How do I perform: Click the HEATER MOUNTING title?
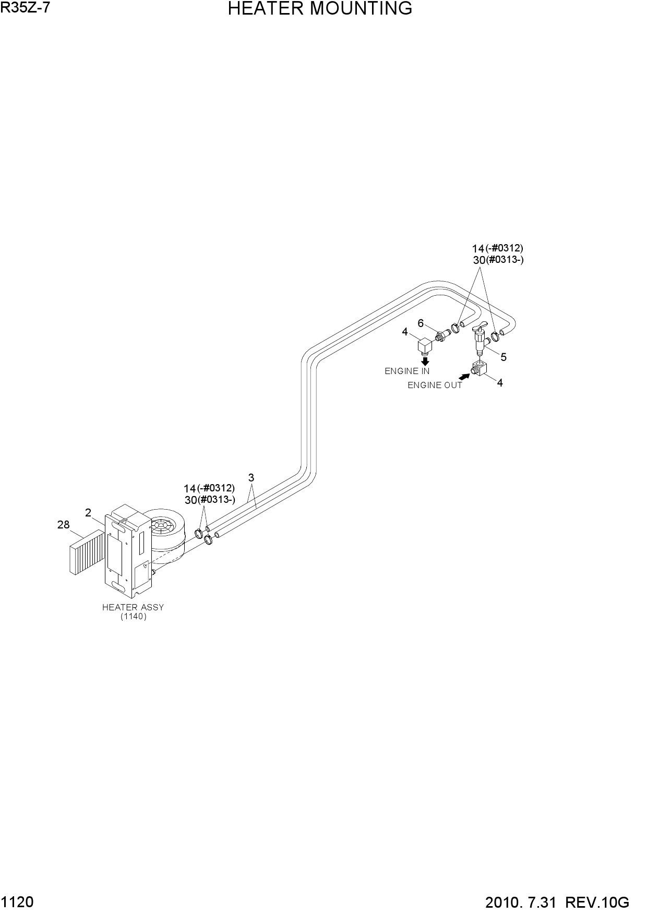(x=320, y=9)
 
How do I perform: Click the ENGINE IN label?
(x=407, y=371)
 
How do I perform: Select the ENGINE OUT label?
(x=435, y=386)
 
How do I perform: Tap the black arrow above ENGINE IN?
(x=425, y=361)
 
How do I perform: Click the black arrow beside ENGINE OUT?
(x=464, y=376)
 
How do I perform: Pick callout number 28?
(x=63, y=525)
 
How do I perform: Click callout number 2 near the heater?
(x=88, y=513)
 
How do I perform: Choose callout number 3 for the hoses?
(x=251, y=477)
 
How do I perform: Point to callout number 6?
(x=421, y=323)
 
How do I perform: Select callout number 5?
(x=504, y=357)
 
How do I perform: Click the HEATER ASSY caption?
(x=133, y=607)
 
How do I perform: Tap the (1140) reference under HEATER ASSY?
(x=133, y=617)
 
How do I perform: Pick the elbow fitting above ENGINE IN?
(x=425, y=345)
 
